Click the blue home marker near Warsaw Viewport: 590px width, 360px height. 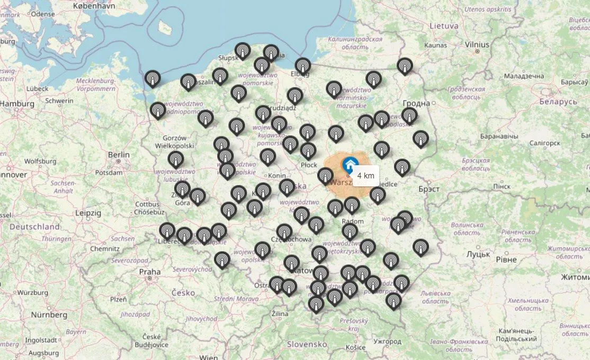[x=349, y=163]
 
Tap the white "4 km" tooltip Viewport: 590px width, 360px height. [x=365, y=176]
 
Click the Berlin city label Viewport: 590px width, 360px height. [x=119, y=155]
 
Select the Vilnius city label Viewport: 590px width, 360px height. [x=477, y=45]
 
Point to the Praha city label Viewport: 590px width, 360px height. [x=149, y=272]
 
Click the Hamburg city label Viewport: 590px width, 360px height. [x=16, y=104]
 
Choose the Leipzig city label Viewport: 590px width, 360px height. [x=88, y=212]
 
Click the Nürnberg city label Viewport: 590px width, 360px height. [x=49, y=314]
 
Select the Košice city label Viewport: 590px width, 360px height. [x=355, y=347]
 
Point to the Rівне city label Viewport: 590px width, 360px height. [x=506, y=259]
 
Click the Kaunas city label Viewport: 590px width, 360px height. [x=435, y=46]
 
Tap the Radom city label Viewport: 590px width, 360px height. [x=353, y=221]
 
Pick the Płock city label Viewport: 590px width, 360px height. [x=309, y=165]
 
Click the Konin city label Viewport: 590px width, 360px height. [x=277, y=176]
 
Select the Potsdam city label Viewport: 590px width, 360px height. [x=109, y=173]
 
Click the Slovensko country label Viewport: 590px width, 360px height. [x=307, y=344]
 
